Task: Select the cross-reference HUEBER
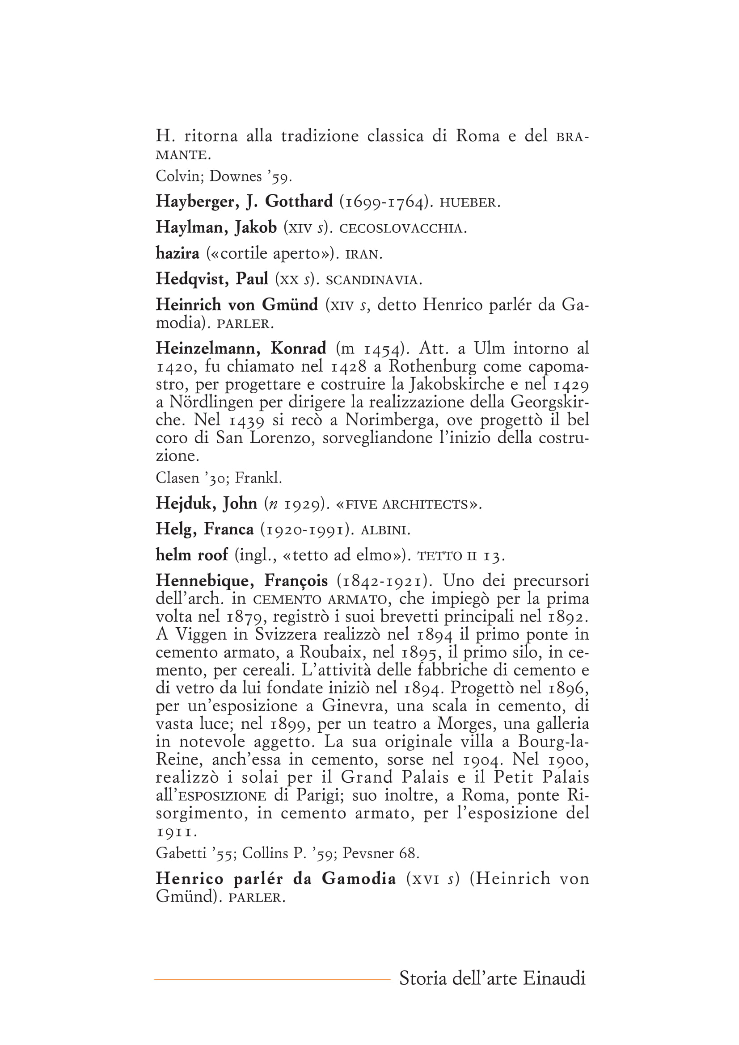pos(469,203)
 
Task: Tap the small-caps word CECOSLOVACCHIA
pos(403,228)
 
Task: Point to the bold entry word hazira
pos(177,253)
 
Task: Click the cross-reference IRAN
pos(363,254)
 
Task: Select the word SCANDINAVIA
pos(374,281)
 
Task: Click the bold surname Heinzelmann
pos(208,348)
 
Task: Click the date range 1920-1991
pos(307,530)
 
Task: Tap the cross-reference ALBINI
pos(385,531)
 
